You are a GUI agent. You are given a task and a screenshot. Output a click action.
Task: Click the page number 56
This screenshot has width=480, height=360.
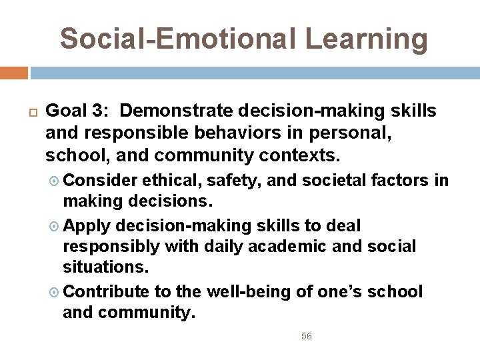tap(306, 337)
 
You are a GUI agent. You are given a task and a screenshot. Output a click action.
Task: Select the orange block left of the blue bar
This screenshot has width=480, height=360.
tap(14, 73)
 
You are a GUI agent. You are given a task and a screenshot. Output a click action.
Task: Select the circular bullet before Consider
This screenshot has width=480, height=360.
tap(55, 181)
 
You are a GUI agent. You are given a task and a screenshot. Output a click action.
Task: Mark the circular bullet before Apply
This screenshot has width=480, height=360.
tap(55, 225)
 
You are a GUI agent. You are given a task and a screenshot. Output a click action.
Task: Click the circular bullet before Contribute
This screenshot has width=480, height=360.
tap(55, 292)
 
